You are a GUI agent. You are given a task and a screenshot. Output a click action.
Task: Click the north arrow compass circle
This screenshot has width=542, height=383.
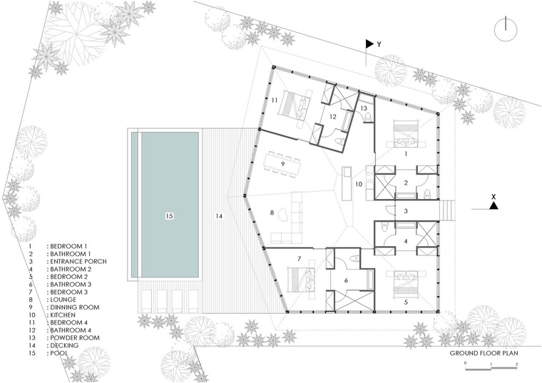click(x=496, y=30)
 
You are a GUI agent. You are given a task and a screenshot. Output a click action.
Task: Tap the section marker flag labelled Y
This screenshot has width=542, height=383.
click(x=370, y=44)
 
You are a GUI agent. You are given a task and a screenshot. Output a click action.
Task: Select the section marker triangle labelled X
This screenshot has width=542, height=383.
click(x=494, y=205)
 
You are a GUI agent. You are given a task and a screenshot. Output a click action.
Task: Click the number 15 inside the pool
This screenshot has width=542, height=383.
click(x=169, y=216)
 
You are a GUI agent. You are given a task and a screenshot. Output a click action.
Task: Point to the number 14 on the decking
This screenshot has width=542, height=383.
click(x=219, y=216)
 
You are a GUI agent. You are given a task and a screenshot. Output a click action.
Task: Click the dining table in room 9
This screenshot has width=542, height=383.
click(x=282, y=164)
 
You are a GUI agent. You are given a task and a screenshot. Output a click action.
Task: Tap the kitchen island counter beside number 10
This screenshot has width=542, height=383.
click(x=347, y=183)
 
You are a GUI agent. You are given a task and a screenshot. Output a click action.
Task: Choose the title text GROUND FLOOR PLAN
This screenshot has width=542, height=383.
click(x=484, y=353)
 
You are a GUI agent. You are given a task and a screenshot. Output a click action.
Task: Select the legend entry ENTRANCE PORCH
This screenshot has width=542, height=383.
click(x=78, y=261)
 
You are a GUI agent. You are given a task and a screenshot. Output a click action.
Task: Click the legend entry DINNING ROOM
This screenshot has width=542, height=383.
click(x=75, y=307)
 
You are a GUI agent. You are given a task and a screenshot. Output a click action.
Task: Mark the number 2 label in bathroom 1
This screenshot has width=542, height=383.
click(x=406, y=183)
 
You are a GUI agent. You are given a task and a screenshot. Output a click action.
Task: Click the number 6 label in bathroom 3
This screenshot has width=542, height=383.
click(x=346, y=281)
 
